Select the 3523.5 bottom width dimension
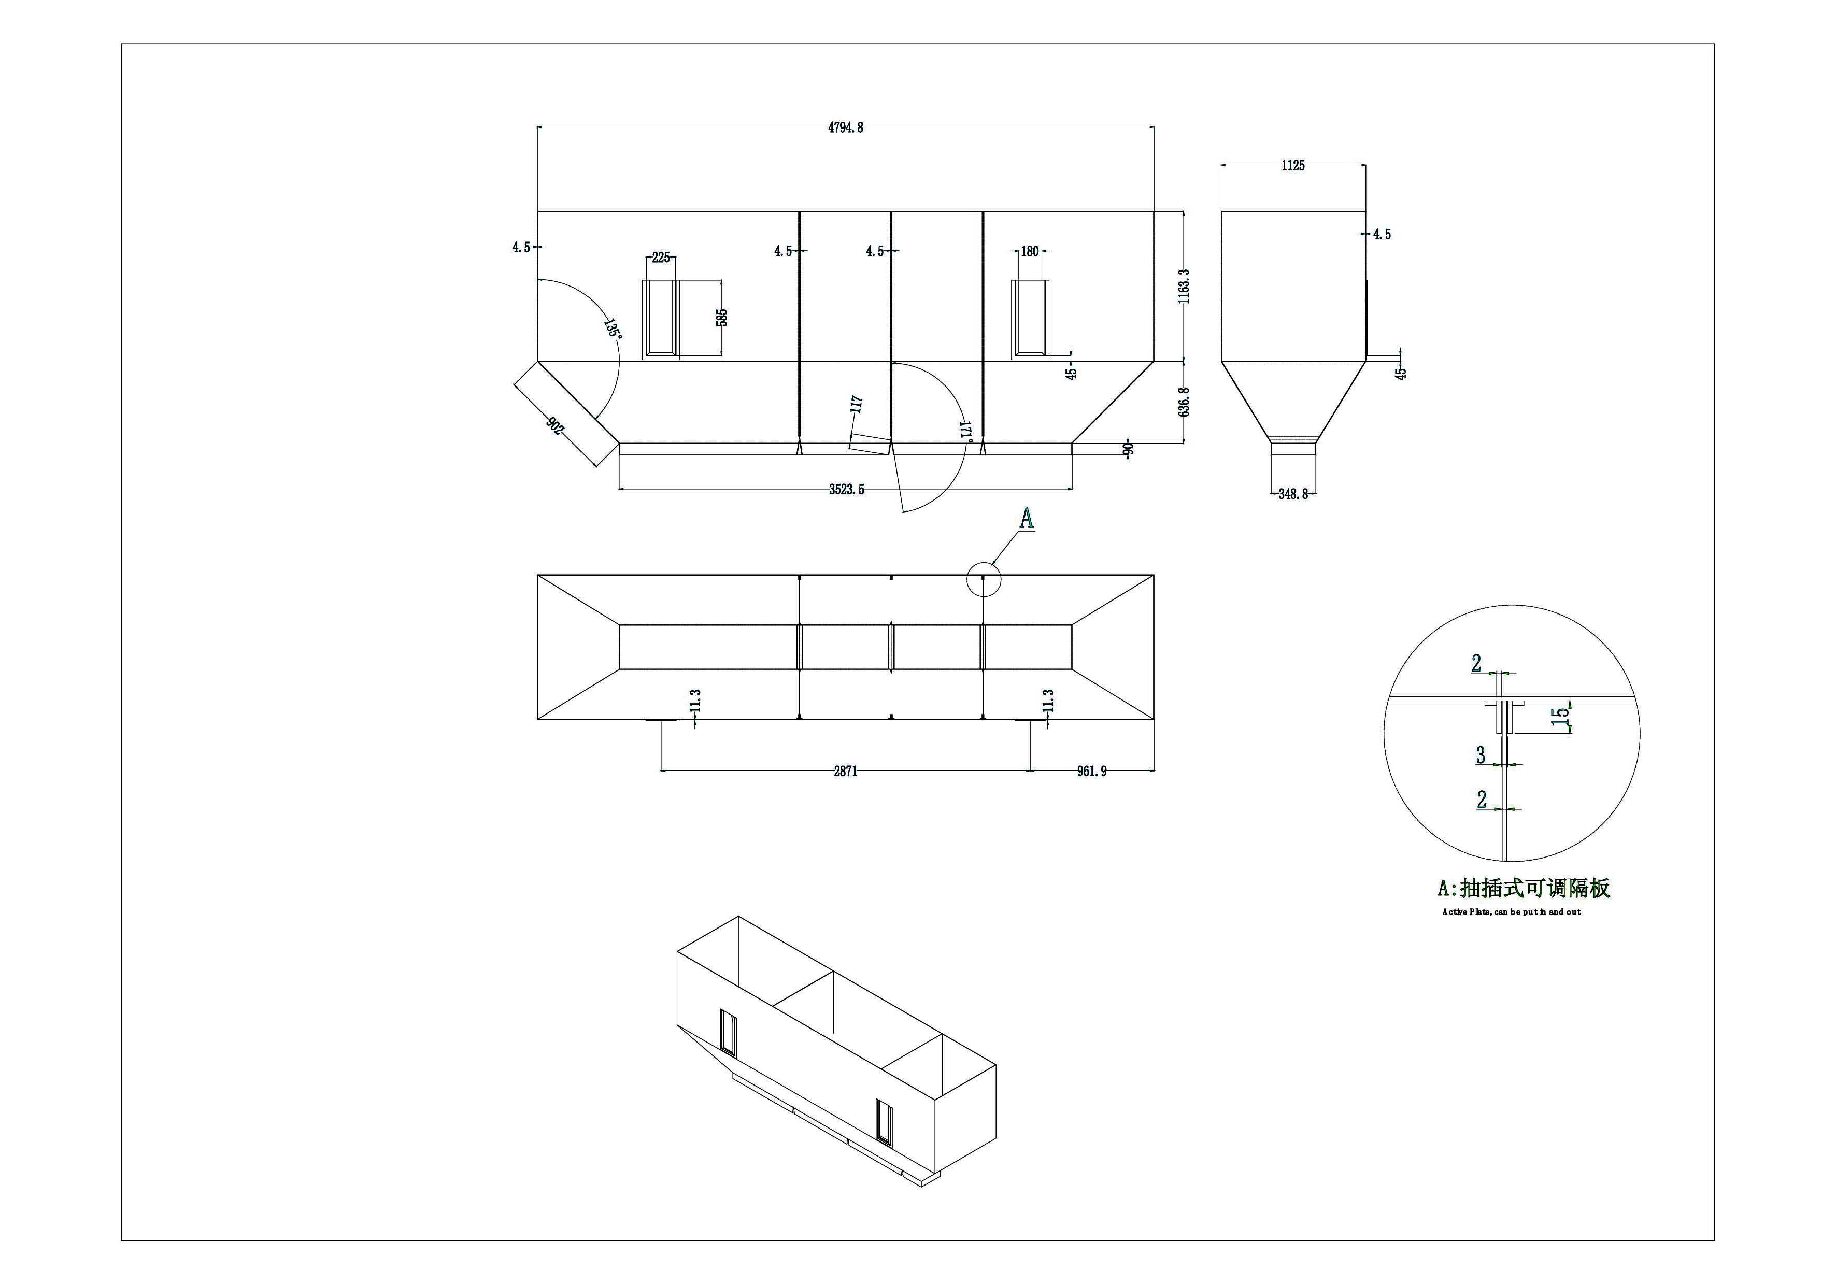pos(846,489)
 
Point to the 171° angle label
pos(965,430)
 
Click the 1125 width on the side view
pos(1292,165)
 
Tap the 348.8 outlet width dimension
pos(1293,494)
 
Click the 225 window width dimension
pos(661,258)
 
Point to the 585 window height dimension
pos(722,318)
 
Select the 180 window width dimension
pos(1030,252)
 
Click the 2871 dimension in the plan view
pos(845,771)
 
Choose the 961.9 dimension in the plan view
pos(1091,771)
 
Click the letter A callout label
pos(1027,520)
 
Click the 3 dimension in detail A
pos(1481,754)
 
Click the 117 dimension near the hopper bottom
pos(857,404)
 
